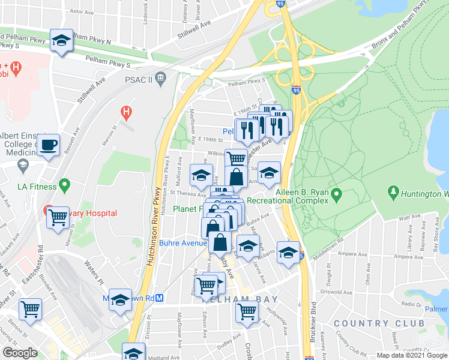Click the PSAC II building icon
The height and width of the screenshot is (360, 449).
coord(160,77)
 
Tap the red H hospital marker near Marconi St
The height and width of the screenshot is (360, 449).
coord(125,111)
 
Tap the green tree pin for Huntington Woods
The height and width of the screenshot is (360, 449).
coord(394,193)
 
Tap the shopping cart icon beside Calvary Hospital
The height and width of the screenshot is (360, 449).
coord(58,217)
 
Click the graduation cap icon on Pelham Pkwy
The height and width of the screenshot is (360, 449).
coord(61,41)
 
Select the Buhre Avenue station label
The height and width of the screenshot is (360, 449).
coord(183,243)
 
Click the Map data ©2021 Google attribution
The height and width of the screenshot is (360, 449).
coord(411,355)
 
